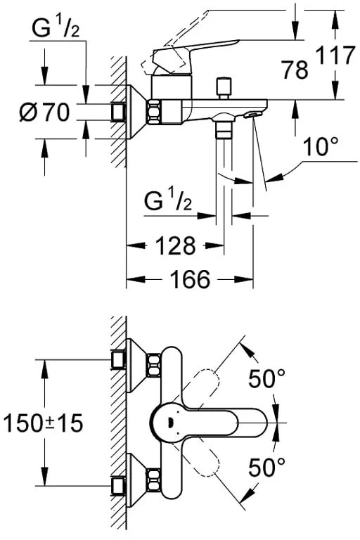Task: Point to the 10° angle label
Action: (323, 148)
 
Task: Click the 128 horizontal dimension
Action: (174, 246)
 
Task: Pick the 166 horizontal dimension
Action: (190, 279)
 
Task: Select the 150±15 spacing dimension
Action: (42, 423)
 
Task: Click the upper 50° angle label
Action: (266, 380)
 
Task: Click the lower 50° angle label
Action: (267, 466)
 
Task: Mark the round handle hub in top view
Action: (167, 423)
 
